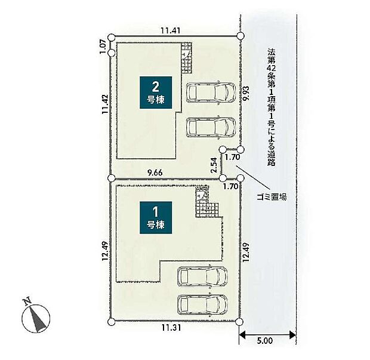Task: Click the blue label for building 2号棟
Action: (x=156, y=93)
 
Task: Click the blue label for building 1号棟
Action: (x=156, y=218)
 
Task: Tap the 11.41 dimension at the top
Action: (x=171, y=30)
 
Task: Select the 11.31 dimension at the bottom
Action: (x=171, y=328)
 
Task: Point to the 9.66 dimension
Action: (x=155, y=173)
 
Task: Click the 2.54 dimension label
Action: (x=214, y=165)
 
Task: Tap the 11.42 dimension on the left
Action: (x=105, y=104)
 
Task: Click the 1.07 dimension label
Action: (x=103, y=47)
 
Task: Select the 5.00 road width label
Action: (x=265, y=341)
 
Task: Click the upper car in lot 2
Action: (x=211, y=93)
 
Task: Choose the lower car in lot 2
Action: (x=211, y=127)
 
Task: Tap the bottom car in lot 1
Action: (x=202, y=304)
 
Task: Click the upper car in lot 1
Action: (x=202, y=276)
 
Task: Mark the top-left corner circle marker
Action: (x=111, y=37)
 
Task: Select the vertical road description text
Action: (x=272, y=107)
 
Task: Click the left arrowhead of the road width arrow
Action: (x=242, y=334)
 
